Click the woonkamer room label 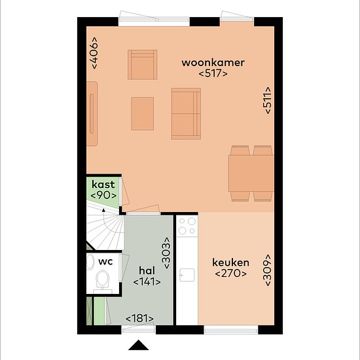click(213, 63)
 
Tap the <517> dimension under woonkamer click(213, 73)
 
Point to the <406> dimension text click(94, 53)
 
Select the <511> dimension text click(268, 100)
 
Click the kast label click(103, 185)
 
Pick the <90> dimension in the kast click(103, 195)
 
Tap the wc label click(105, 262)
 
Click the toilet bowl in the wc click(102, 278)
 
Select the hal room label click(147, 270)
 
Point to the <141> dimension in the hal click(147, 281)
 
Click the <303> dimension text click(166, 253)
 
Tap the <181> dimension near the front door click(139, 319)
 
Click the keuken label click(230, 262)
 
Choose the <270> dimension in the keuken click(231, 274)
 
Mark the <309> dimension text click(268, 270)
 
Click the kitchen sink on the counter click(187, 275)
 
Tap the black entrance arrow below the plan click(139, 345)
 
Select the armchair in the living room click(142, 65)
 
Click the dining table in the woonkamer click(251, 173)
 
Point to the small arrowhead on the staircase click(103, 210)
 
